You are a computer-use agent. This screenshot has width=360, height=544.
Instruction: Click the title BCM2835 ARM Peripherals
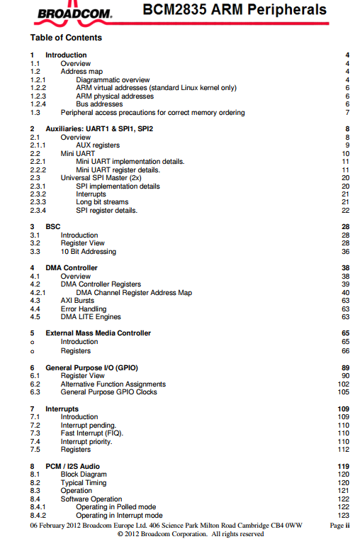point(235,10)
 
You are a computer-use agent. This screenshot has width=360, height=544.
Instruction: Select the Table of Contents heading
point(66,38)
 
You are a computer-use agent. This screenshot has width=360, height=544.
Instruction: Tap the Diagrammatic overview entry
point(113,80)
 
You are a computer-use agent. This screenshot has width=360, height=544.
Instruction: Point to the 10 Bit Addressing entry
point(88,251)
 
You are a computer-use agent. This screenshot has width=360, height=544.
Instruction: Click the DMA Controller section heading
point(72,268)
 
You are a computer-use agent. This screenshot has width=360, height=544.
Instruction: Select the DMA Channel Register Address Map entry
point(134,292)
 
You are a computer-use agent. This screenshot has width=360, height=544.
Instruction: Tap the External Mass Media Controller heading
point(98,333)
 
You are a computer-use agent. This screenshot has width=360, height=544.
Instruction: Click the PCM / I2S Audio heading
point(72,466)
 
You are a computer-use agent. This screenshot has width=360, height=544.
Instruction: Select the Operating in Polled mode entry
point(116,507)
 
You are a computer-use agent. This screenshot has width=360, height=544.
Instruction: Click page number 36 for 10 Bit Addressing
point(346,251)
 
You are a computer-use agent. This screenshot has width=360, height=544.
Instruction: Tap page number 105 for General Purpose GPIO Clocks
point(344,392)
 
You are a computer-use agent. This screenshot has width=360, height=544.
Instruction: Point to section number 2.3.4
point(38,211)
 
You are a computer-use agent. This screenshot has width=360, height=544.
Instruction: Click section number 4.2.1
point(38,292)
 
